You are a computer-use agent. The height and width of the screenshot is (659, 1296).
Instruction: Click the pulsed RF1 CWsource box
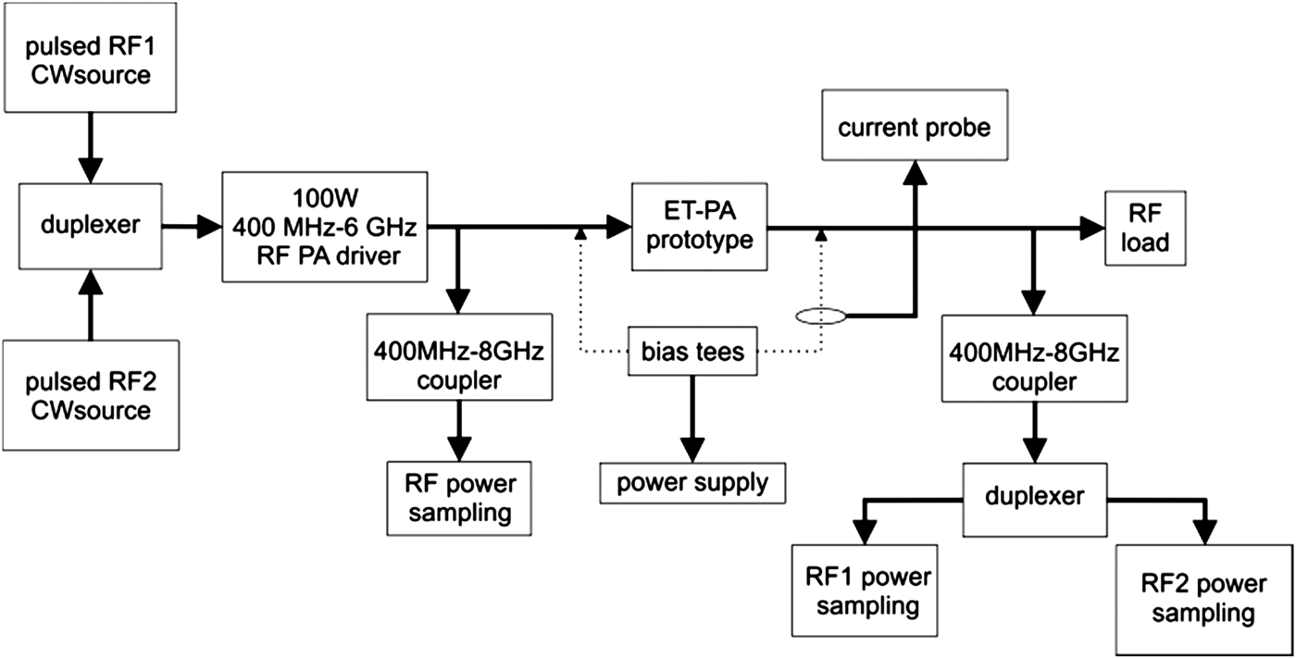click(x=90, y=56)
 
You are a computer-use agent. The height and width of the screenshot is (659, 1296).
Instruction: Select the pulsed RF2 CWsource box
click(x=90, y=395)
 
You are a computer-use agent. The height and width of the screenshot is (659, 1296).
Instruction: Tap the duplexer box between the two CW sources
click(x=90, y=225)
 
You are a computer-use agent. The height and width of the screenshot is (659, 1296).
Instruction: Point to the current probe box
click(x=914, y=128)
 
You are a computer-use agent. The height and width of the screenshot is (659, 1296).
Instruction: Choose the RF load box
click(x=1136, y=227)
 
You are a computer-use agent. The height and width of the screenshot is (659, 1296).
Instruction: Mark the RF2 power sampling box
click(x=1203, y=599)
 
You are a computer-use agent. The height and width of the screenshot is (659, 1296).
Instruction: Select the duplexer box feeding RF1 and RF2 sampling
click(x=1034, y=496)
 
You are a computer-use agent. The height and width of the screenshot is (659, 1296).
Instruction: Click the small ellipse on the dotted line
click(x=820, y=317)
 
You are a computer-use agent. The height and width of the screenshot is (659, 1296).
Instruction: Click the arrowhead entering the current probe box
click(x=915, y=171)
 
